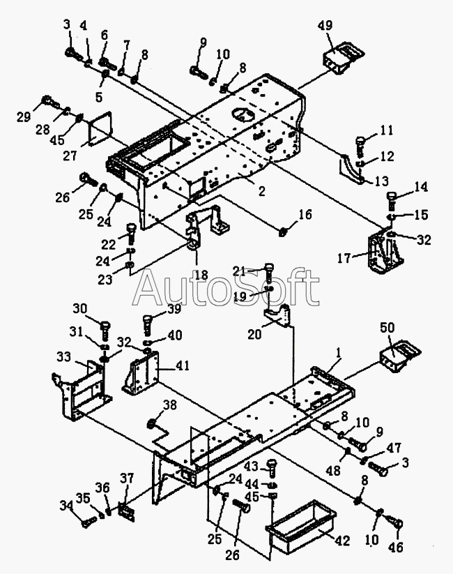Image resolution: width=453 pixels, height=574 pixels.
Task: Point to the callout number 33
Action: [x=63, y=356]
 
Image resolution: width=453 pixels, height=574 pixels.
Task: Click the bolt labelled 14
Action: [x=391, y=203]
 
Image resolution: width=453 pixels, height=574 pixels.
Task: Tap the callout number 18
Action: [x=201, y=275]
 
